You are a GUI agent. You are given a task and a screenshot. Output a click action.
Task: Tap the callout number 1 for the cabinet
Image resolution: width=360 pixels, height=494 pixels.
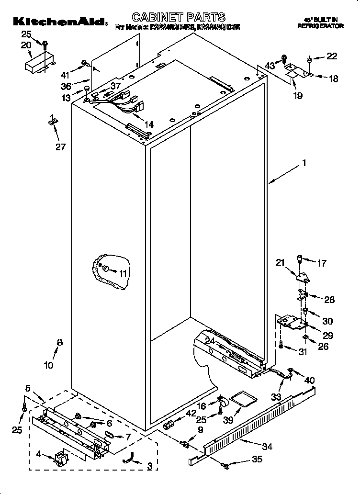[304, 163]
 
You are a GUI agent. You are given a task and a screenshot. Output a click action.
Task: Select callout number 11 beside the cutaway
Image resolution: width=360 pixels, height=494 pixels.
[124, 273]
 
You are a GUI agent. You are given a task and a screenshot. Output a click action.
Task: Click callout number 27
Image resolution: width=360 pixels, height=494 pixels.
[60, 147]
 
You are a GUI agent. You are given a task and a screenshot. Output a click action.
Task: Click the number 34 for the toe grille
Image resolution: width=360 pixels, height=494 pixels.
[267, 447]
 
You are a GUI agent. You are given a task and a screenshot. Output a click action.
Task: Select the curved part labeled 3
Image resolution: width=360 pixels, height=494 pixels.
[128, 459]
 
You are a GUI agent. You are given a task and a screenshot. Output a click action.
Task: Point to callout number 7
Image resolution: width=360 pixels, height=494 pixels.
[128, 437]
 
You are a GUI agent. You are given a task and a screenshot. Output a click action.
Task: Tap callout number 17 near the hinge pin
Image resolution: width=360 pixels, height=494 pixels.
[322, 263]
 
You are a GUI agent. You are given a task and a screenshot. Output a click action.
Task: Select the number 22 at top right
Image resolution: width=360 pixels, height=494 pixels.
[332, 56]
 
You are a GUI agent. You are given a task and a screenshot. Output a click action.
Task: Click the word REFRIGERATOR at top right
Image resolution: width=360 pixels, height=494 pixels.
[320, 27]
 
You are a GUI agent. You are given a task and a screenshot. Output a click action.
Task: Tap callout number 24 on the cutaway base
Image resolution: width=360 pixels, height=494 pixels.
[210, 341]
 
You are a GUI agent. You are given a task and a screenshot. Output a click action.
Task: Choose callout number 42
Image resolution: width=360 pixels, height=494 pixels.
[191, 413]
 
